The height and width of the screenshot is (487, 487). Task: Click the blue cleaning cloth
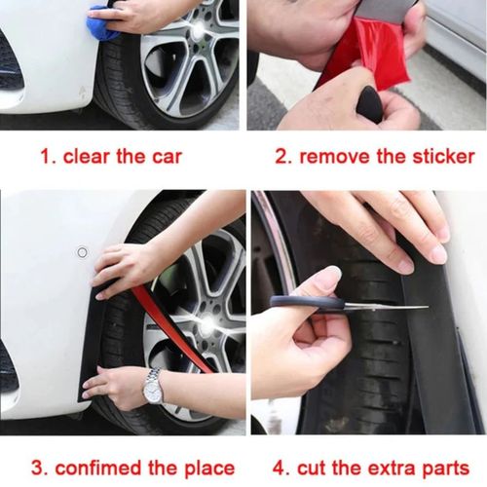(x=102, y=24)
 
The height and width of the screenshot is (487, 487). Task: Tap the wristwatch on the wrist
(x=153, y=388)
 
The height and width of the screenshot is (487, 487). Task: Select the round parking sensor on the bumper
(x=82, y=252)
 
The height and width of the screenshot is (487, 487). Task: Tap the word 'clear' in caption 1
(x=87, y=156)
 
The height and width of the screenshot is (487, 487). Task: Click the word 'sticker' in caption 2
(x=439, y=156)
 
